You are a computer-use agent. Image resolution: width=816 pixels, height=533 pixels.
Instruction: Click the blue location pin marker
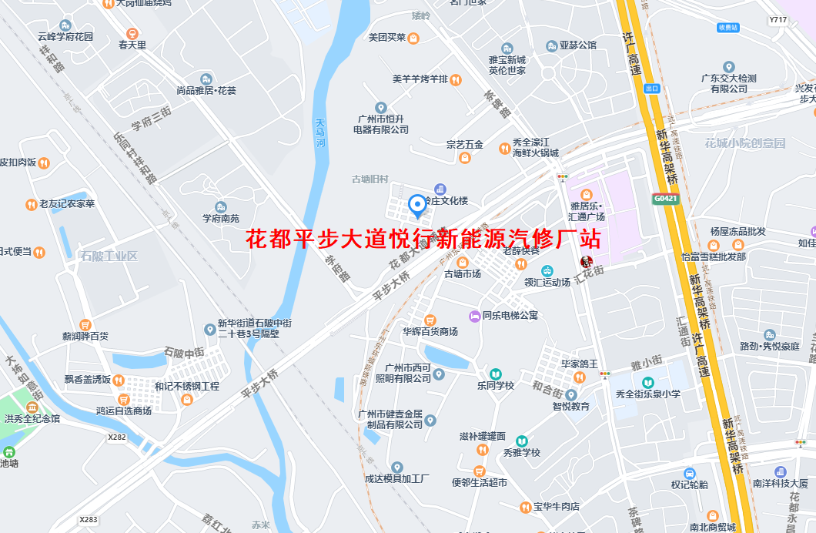[417, 205]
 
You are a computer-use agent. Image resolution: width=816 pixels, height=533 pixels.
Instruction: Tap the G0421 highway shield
[666, 198]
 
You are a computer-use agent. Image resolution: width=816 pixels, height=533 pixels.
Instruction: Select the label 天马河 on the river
[321, 132]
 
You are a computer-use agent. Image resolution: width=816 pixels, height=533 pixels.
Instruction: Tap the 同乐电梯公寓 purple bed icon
[475, 315]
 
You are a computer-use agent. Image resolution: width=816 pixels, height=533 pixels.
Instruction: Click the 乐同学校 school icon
[495, 374]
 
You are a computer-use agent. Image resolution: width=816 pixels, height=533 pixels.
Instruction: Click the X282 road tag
[117, 437]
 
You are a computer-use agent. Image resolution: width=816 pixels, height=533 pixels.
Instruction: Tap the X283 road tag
[89, 519]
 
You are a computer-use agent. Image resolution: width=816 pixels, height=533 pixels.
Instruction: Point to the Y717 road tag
[778, 20]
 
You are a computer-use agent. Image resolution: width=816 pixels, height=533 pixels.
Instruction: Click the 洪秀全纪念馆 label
[32, 419]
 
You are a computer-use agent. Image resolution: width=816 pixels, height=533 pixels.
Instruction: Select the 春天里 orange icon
[132, 33]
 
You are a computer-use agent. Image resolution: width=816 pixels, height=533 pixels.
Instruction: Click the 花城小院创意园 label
[744, 143]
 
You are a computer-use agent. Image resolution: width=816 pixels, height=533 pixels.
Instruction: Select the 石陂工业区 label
[109, 256]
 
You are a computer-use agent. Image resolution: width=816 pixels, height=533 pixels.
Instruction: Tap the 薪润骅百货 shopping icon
[85, 325]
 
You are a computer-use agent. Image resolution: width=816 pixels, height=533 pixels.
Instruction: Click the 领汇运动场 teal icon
[547, 270]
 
